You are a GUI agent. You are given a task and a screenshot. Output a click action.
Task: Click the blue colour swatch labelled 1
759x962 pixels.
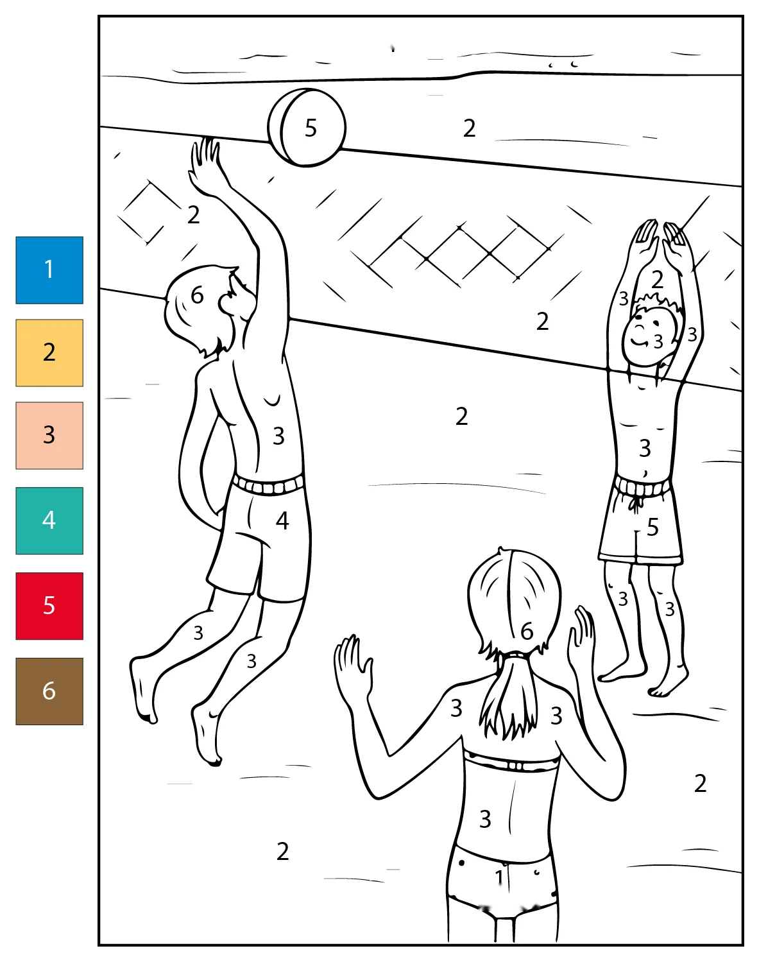[x=49, y=270]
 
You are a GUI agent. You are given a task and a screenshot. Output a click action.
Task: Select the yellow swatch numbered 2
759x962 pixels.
[x=49, y=353]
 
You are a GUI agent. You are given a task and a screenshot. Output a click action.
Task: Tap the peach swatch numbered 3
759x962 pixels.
[x=49, y=435]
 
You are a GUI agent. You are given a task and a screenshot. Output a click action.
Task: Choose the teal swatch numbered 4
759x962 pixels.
[x=49, y=520]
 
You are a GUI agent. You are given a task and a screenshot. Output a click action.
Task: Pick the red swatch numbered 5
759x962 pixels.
[x=49, y=606]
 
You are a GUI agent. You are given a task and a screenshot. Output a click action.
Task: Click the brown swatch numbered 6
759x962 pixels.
[x=49, y=691]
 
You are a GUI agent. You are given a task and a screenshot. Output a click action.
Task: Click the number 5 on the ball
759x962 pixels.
[x=311, y=128]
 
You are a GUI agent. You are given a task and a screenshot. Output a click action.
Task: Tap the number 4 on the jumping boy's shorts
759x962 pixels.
[x=282, y=520]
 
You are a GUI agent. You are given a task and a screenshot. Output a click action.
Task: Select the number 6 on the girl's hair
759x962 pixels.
[x=527, y=631]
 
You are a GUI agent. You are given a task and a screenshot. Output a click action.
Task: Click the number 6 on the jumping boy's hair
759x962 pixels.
[x=197, y=295]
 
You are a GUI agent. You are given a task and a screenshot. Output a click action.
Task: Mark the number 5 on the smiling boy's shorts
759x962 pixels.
[x=652, y=527]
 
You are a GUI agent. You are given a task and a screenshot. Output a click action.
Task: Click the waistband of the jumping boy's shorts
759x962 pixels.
[x=268, y=485]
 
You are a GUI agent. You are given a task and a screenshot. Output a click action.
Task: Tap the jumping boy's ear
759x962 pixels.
[x=227, y=304]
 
